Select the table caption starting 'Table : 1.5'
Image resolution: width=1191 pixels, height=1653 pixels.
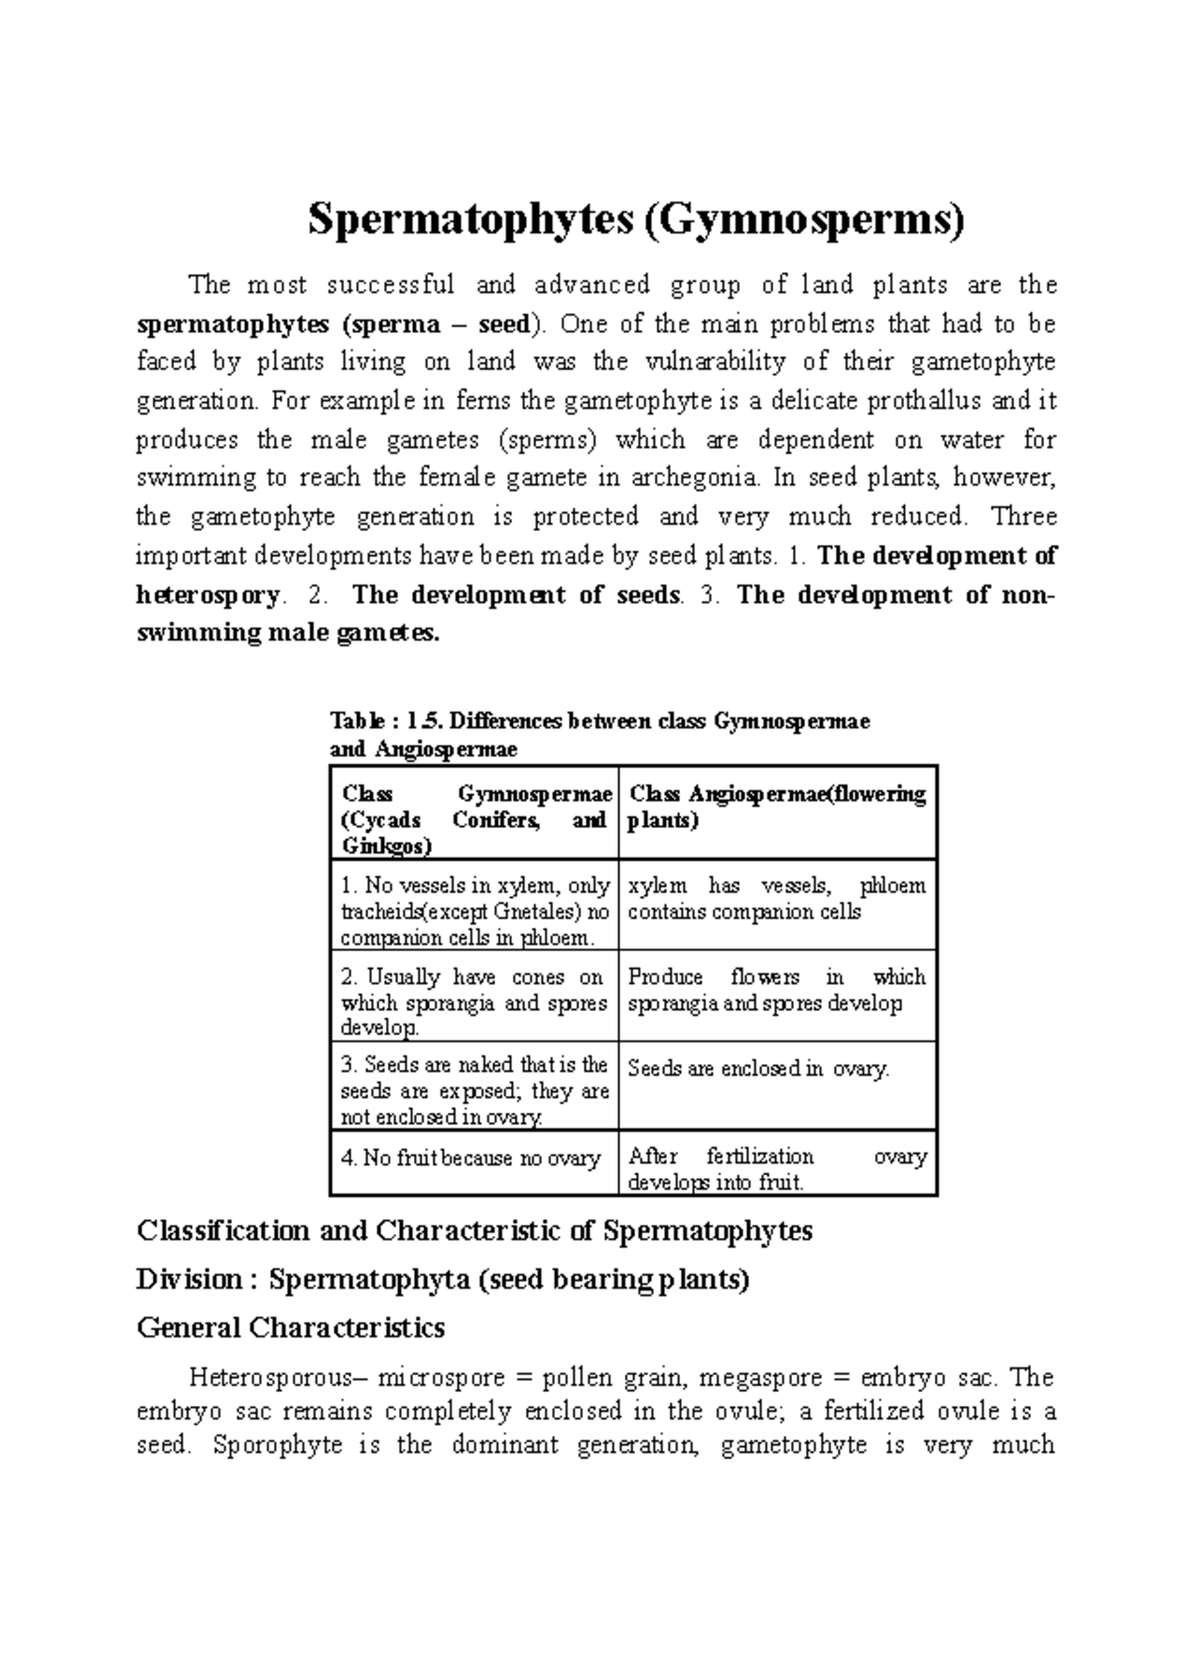click(598, 736)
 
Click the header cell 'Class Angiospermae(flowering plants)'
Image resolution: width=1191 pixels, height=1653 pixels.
click(777, 808)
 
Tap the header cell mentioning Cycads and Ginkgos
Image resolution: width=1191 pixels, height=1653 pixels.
click(473, 820)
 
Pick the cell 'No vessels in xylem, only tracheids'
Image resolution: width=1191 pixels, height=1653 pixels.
click(473, 911)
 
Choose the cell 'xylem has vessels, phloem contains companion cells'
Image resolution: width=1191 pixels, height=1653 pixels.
click(777, 899)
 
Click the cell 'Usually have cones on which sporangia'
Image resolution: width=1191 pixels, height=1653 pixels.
click(473, 1002)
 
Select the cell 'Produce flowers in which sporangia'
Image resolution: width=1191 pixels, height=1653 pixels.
click(777, 991)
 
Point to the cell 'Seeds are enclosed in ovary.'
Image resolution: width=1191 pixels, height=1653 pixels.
click(759, 1069)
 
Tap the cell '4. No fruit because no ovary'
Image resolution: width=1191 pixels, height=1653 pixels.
click(471, 1159)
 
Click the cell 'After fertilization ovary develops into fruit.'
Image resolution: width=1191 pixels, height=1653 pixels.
click(777, 1170)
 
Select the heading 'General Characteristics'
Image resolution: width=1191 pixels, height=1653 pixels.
click(290, 1327)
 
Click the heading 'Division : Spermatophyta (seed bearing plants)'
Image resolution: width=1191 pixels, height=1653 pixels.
click(442, 1280)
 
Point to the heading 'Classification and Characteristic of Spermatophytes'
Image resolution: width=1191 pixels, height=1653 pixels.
click(474, 1231)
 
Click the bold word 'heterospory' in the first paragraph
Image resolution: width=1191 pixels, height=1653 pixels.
click(207, 596)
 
